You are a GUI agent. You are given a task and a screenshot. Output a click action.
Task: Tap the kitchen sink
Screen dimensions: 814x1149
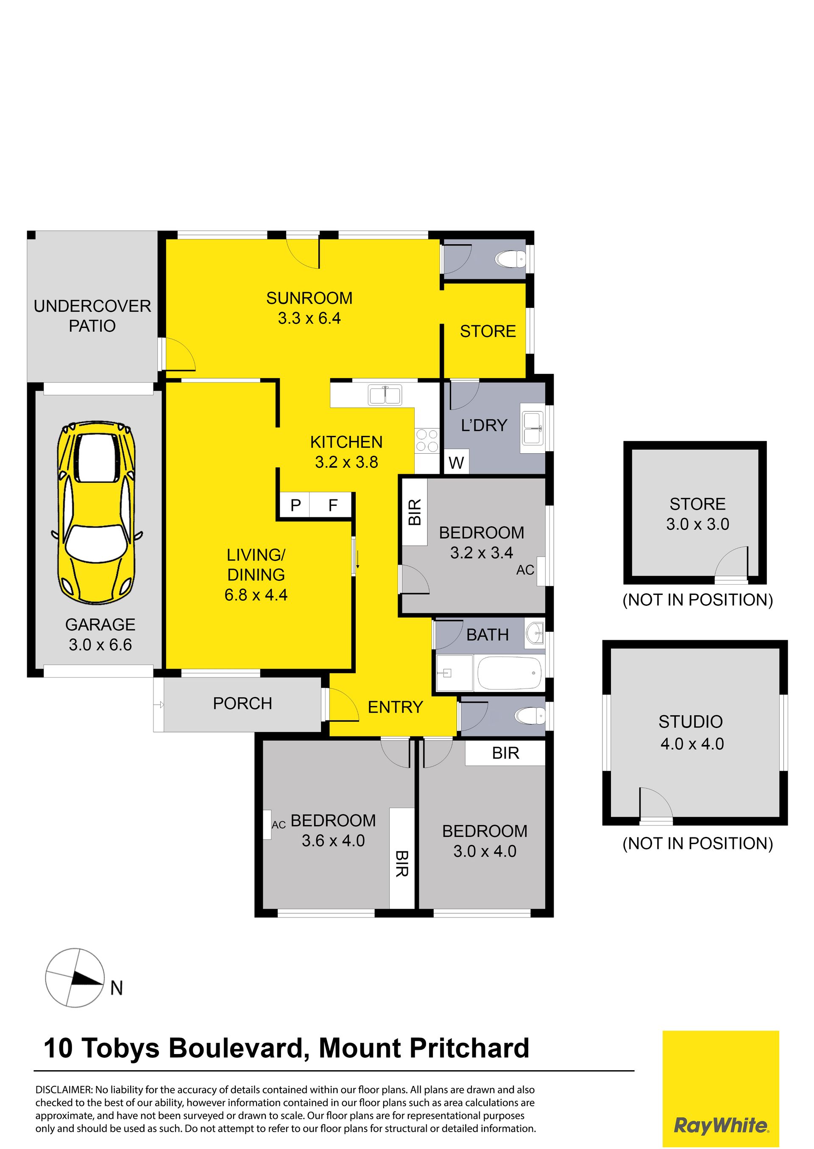point(385,395)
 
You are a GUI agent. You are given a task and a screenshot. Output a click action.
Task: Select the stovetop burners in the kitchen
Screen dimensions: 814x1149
point(427,440)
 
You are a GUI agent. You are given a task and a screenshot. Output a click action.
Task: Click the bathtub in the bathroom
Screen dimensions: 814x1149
point(510,673)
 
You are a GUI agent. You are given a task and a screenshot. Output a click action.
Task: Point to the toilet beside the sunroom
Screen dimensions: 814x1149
point(510,259)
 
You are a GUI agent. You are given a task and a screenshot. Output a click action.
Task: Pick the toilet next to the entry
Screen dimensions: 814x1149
point(530,715)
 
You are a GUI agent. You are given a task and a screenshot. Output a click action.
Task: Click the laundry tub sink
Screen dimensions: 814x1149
point(533,428)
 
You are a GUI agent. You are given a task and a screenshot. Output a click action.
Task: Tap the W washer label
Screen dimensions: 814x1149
point(456,463)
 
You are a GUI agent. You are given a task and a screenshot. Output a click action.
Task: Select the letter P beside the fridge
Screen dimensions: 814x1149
point(296,505)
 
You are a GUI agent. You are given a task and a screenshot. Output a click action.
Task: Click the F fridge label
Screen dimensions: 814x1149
point(333,505)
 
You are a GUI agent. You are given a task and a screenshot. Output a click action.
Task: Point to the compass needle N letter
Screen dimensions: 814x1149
point(116,987)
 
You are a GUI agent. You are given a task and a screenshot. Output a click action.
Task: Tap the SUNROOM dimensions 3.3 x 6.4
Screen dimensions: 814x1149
point(309,318)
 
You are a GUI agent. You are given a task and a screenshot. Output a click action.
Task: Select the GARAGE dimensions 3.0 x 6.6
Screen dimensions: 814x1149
point(100,645)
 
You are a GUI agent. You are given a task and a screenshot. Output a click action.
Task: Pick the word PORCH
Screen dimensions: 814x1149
point(243,703)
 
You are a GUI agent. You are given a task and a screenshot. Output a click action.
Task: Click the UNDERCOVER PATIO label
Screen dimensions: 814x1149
point(92,316)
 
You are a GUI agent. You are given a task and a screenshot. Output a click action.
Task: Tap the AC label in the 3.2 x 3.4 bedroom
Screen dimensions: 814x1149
point(525,570)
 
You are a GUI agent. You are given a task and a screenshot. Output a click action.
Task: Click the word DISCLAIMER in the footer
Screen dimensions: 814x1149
point(64,1090)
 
